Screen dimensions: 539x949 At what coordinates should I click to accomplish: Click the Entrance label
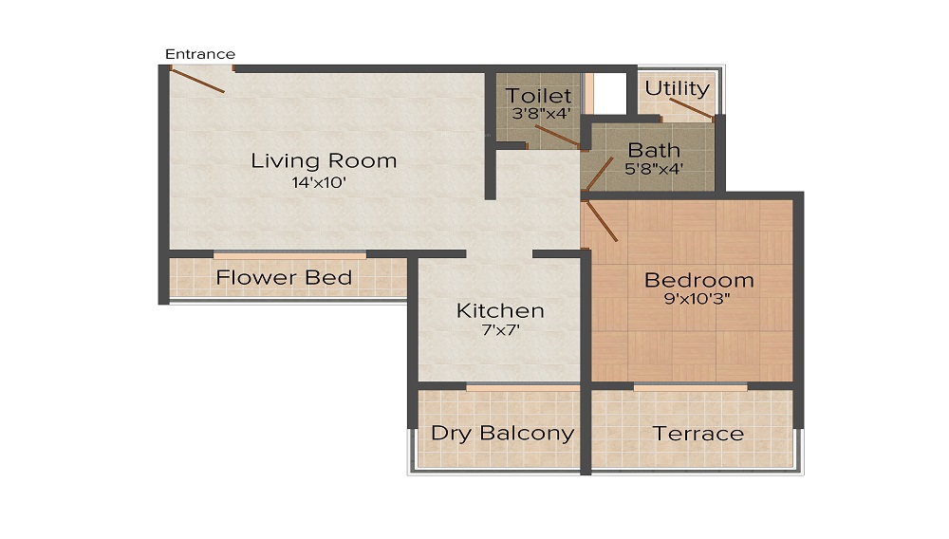pos(200,54)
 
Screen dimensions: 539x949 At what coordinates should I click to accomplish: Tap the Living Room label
pos(324,160)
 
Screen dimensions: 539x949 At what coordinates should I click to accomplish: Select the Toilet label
pos(538,96)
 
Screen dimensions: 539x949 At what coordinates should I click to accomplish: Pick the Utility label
pos(677,88)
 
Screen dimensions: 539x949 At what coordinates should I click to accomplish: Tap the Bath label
pos(654,150)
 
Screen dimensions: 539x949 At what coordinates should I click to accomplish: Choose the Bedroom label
pos(698,280)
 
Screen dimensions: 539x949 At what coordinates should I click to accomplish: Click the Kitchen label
pos(500,311)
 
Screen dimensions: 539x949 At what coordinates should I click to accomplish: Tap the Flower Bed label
pos(284,278)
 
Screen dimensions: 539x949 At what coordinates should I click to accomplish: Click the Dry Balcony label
pos(502,434)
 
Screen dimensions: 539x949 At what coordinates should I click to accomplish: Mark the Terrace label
pos(698,434)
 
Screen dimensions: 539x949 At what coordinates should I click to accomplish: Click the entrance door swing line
pos(197,81)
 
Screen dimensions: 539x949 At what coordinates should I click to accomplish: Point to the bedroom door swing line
pos(603,219)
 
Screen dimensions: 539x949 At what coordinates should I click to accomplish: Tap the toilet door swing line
pos(560,136)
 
